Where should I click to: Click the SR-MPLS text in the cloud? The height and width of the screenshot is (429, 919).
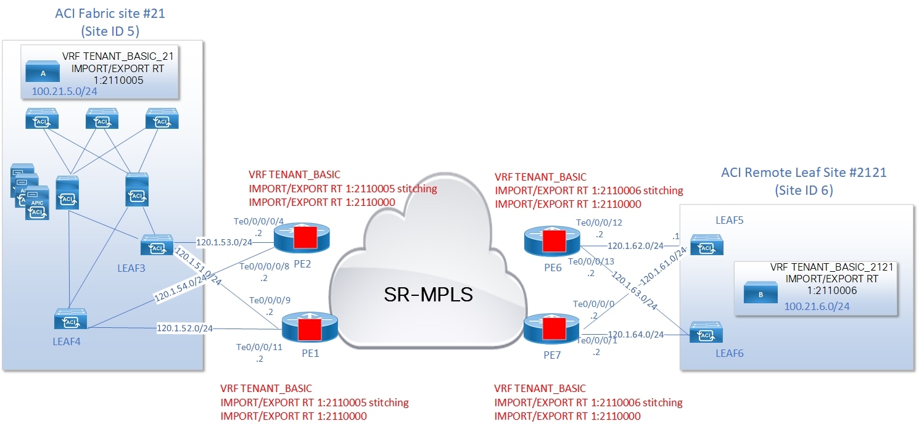[x=427, y=294]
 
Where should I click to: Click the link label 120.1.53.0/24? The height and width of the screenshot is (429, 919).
[x=218, y=242]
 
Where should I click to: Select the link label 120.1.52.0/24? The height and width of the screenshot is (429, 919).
[x=184, y=328]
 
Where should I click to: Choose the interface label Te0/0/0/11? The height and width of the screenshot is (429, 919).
[x=259, y=347]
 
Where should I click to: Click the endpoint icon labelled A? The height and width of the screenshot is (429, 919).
[x=43, y=73]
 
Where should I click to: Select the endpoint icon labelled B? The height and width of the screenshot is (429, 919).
[x=760, y=294]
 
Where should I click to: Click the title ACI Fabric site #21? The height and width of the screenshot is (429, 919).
[x=109, y=12]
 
